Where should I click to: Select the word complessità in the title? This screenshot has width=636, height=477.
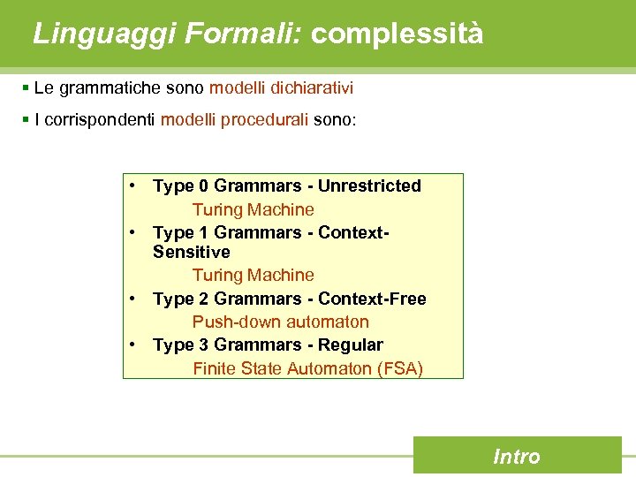pyautogui.click(x=397, y=34)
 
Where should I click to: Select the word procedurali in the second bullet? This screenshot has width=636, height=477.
pyautogui.click(x=265, y=119)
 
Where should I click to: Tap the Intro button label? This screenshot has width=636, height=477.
pyautogui.click(x=517, y=457)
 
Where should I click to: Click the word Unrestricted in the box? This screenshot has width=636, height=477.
pyautogui.click(x=369, y=186)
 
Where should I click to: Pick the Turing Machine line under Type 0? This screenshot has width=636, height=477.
pyautogui.click(x=254, y=209)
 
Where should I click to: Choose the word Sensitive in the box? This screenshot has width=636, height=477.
pyautogui.click(x=191, y=252)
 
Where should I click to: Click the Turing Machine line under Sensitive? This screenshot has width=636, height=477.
pyautogui.click(x=254, y=275)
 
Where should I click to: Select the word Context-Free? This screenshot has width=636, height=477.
pyautogui.click(x=372, y=299)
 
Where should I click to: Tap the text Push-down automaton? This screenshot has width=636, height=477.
pyautogui.click(x=281, y=322)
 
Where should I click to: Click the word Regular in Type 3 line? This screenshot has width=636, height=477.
pyautogui.click(x=351, y=344)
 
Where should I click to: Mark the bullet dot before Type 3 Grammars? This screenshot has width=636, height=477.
pyautogui.click(x=131, y=344)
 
